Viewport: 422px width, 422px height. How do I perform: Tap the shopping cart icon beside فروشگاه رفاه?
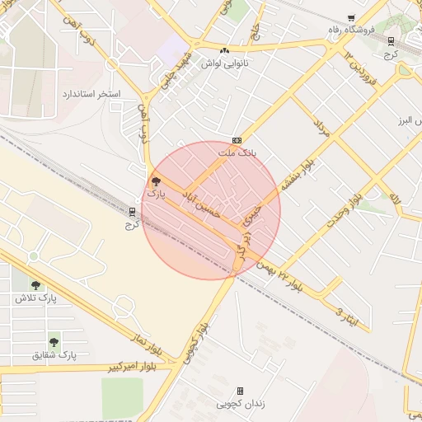(352, 17)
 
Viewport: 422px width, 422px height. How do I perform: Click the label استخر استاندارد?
(91, 95)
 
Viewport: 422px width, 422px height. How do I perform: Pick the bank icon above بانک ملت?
(237, 140)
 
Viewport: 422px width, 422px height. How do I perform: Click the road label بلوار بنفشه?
(297, 174)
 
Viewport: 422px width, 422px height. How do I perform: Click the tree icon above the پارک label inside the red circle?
(156, 181)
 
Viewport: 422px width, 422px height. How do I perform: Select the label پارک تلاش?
(35, 298)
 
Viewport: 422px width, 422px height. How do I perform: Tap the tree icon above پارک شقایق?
(54, 341)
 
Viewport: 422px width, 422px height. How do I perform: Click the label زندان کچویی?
(240, 404)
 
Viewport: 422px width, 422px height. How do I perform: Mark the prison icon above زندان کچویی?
(240, 391)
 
